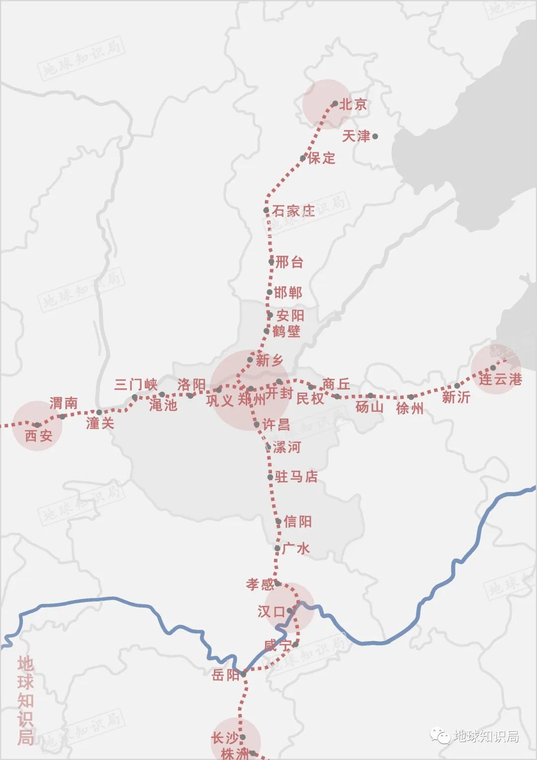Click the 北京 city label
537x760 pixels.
pos(353,104)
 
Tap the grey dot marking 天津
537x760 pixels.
pos(375,136)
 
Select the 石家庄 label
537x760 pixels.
pos(293,211)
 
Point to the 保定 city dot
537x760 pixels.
pos(303,159)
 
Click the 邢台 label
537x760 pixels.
pos(289,262)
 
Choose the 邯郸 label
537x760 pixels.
pos(288,292)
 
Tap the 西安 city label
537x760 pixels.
pos(39,436)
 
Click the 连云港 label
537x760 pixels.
pos(500,379)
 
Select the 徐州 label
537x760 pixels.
pos(410,408)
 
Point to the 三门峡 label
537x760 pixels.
pos(136,384)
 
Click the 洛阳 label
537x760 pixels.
pos(191,384)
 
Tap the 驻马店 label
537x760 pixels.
pos(296,477)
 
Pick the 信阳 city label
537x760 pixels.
pos(297,521)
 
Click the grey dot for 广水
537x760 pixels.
pos(277,548)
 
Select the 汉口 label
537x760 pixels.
pos(271,611)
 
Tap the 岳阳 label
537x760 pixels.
pos(226,675)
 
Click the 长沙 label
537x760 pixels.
pos(225,738)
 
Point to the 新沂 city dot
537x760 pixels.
pos(457,386)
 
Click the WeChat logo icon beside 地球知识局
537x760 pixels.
pos(440,736)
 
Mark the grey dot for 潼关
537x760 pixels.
pos(99,412)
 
